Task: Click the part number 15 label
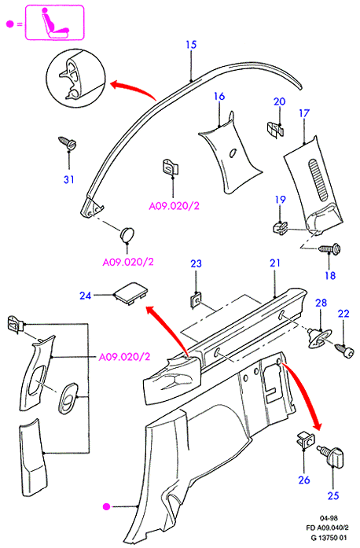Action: pyautogui.click(x=191, y=45)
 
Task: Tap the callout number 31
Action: pyautogui.click(x=69, y=179)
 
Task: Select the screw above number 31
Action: pyautogui.click(x=67, y=142)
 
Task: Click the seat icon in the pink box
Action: pyautogui.click(x=53, y=23)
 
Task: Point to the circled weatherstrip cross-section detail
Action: pyautogui.click(x=75, y=79)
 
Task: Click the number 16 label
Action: pyautogui.click(x=219, y=97)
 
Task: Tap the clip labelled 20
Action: pyautogui.click(x=276, y=129)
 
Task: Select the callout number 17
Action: pyautogui.click(x=304, y=113)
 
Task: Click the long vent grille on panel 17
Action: pyautogui.click(x=318, y=179)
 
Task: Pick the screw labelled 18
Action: pyautogui.click(x=329, y=249)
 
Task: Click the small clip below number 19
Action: pyautogui.click(x=280, y=228)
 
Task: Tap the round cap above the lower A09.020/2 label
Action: pyautogui.click(x=127, y=234)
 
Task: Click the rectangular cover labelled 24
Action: pyautogui.click(x=130, y=293)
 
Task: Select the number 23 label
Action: pyautogui.click(x=196, y=263)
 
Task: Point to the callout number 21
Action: pyautogui.click(x=275, y=263)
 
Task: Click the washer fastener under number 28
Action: pyautogui.click(x=318, y=337)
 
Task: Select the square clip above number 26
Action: pyautogui.click(x=305, y=440)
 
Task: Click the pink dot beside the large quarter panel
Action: pyautogui.click(x=107, y=506)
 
